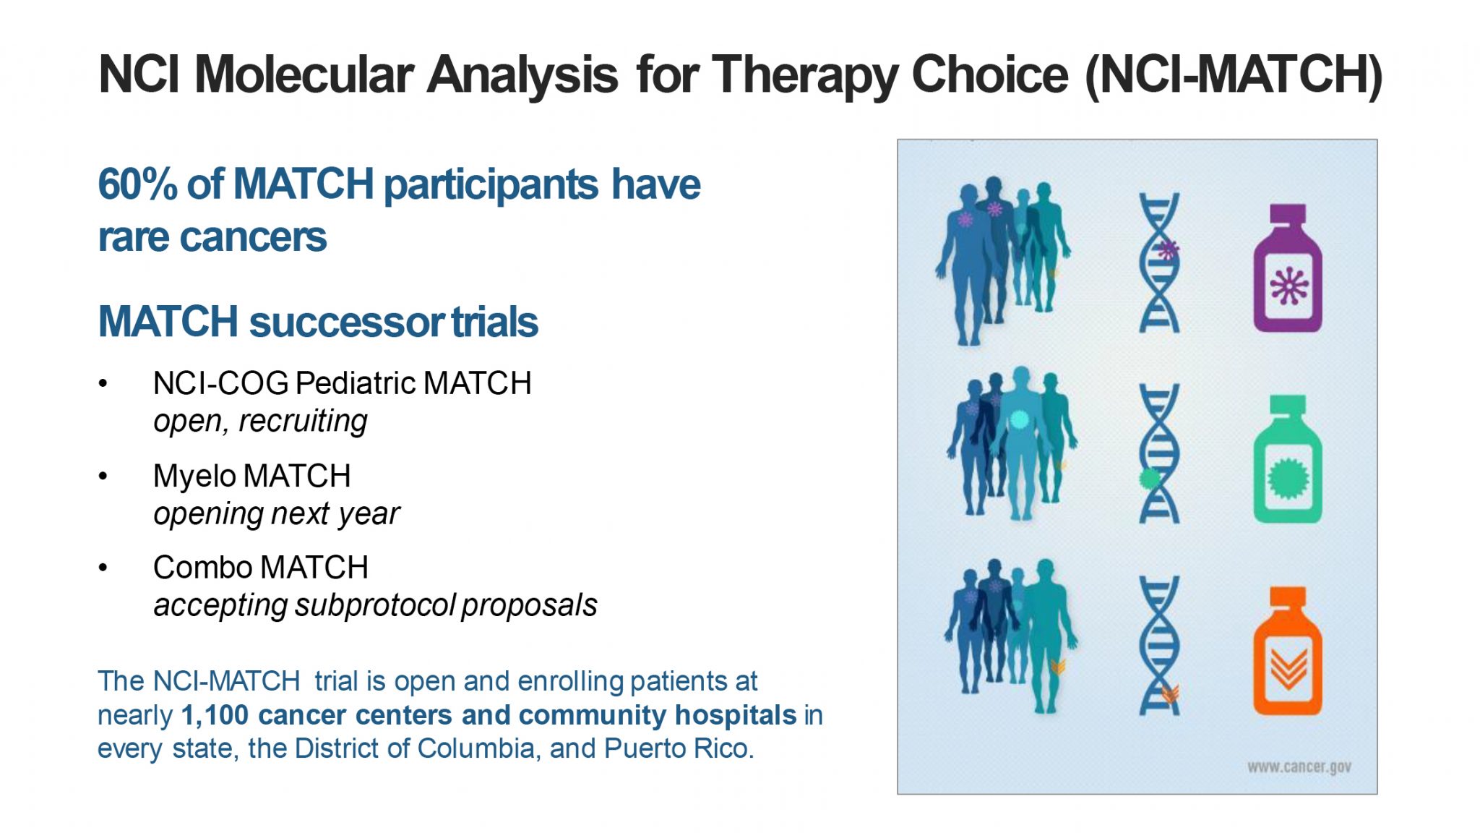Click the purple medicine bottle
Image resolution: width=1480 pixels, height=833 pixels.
(x=1287, y=268)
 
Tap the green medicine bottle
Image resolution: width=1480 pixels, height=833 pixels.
(x=1287, y=459)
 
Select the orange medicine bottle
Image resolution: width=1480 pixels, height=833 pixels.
(x=1287, y=651)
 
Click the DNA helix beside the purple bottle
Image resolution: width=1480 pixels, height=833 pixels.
(x=1159, y=262)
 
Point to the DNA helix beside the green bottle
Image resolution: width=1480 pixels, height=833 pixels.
(x=1159, y=453)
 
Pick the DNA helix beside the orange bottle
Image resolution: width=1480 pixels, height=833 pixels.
(x=1159, y=645)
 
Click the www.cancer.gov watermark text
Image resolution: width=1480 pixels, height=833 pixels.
(x=1299, y=767)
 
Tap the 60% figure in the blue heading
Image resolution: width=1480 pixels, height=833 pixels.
(x=137, y=184)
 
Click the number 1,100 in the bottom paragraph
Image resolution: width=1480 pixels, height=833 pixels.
(x=215, y=716)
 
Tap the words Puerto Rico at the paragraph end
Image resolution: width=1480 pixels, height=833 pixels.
(x=679, y=748)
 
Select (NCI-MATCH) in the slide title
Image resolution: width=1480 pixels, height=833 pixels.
(x=1234, y=74)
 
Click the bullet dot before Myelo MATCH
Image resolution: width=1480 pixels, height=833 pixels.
(x=103, y=476)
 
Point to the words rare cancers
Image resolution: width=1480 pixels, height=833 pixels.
(x=212, y=237)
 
